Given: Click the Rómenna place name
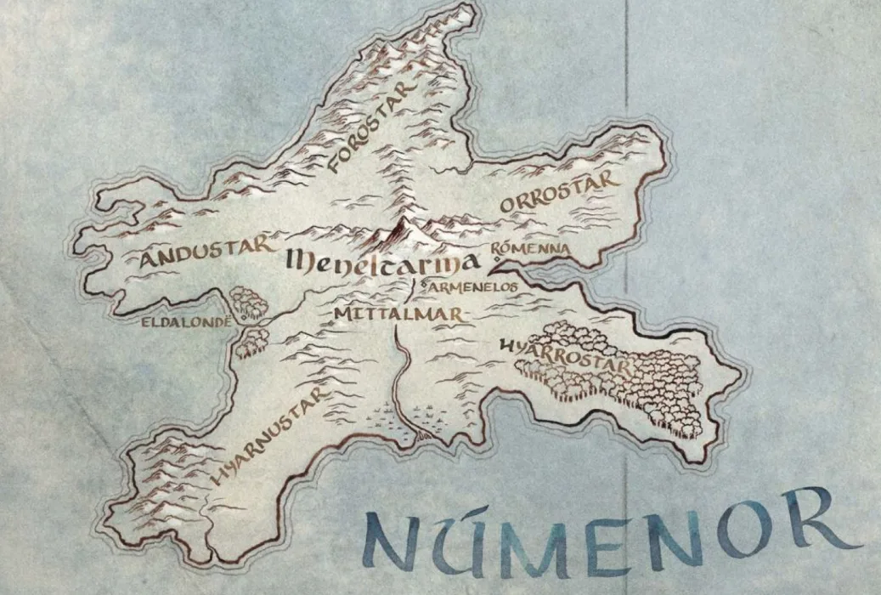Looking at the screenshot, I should coord(530,248).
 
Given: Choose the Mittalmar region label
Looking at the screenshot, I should coord(398,314).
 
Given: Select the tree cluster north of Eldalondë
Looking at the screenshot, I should coord(247,302).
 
